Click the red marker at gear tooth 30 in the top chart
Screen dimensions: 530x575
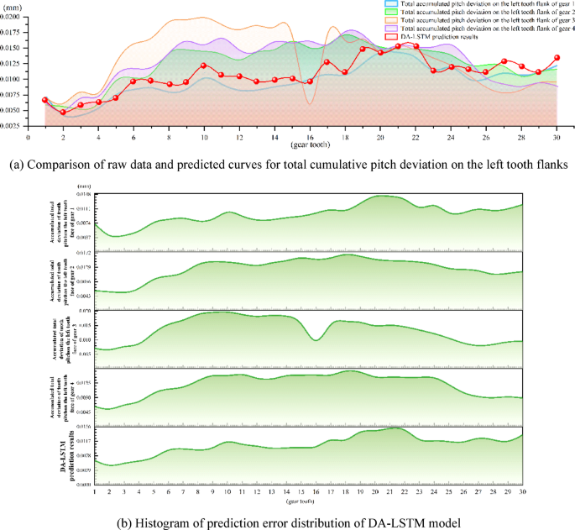(557, 58)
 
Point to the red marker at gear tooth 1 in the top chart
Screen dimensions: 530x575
(45, 100)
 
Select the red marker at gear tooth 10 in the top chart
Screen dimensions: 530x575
(204, 66)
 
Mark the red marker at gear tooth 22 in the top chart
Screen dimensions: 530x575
(416, 46)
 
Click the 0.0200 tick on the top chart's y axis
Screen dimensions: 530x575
(15, 16)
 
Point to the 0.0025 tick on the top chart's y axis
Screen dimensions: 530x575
(15, 126)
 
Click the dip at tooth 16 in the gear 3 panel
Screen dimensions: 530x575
(316, 339)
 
